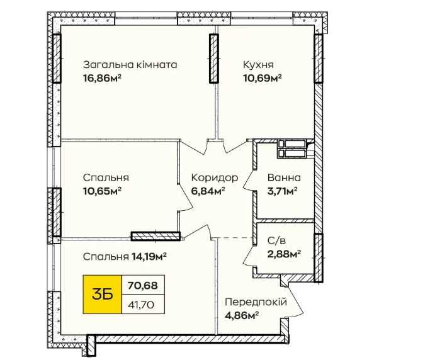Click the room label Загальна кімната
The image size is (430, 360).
tap(130, 65)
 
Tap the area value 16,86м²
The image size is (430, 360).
tap(102, 79)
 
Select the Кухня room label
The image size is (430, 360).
tap(258, 65)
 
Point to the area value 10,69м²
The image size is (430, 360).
tap(263, 79)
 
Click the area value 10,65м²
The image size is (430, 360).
tap(102, 191)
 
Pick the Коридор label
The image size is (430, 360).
tap(215, 177)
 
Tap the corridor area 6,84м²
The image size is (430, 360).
tap(208, 191)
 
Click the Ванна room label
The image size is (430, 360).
tap(284, 177)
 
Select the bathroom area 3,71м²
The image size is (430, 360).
tap(283, 191)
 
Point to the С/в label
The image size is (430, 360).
tap(276, 240)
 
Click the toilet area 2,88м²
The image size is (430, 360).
tap(284, 254)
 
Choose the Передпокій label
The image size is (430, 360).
tap(256, 302)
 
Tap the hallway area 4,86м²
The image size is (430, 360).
tap(242, 315)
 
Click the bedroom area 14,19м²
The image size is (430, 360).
tap(149, 257)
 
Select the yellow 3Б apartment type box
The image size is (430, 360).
tap(102, 294)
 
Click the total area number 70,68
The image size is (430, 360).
tap(143, 286)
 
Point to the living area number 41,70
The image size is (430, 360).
tap(142, 305)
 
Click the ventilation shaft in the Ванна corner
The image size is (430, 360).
tap(291, 149)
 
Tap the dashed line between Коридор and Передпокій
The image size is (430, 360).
tap(234, 238)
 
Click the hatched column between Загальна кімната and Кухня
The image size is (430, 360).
tap(213, 58)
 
